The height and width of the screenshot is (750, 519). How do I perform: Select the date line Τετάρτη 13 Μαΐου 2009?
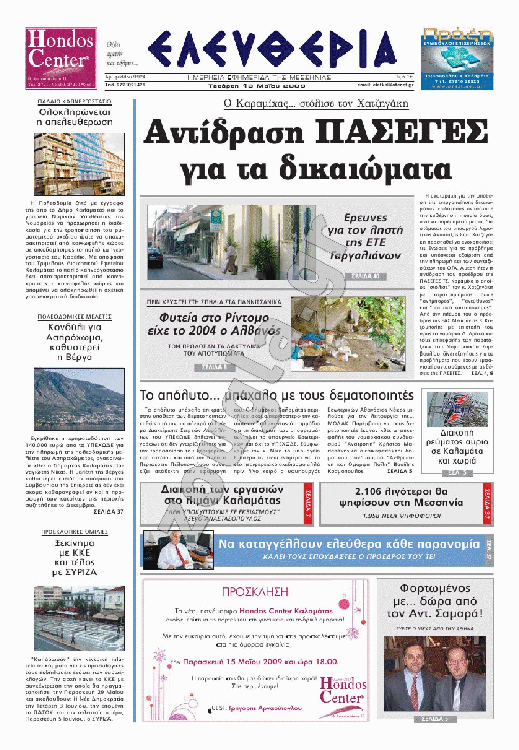tap(256, 86)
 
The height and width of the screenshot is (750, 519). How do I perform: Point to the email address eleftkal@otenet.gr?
tap(385, 85)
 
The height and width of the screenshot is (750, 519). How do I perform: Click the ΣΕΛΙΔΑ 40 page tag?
tap(365, 277)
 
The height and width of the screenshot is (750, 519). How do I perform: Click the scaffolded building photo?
tap(79, 164)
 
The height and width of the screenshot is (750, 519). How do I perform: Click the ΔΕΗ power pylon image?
tap(457, 410)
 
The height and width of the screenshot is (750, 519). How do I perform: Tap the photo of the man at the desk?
tap(178, 550)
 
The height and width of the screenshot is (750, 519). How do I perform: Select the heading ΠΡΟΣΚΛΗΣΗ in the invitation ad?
tap(255, 592)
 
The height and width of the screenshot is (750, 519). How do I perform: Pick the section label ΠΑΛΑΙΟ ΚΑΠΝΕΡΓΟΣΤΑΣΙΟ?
tap(75, 102)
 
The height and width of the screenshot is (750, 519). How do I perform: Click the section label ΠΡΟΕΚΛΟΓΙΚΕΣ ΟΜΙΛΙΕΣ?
tap(75, 532)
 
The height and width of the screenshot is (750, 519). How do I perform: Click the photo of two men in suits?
tap(435, 673)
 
